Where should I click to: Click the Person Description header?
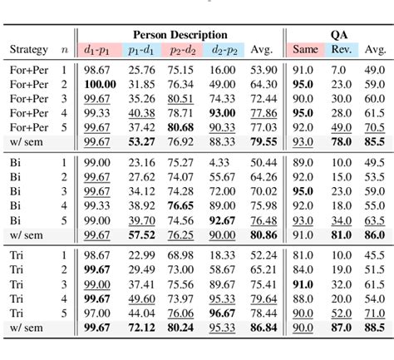(x=180, y=35)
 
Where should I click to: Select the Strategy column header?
(x=28, y=50)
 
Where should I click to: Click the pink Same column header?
(x=303, y=50)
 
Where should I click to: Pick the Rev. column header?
(x=340, y=50)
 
